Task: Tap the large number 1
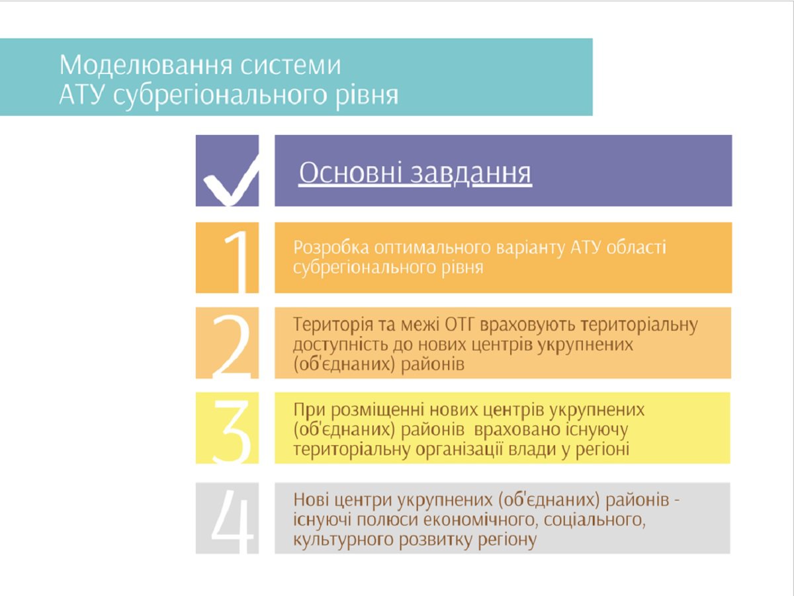pyautogui.click(x=238, y=261)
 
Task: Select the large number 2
pyautogui.click(x=232, y=346)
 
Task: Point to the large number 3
pyautogui.click(x=232, y=431)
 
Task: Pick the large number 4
pyautogui.click(x=232, y=521)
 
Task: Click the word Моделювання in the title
pyautogui.click(x=146, y=65)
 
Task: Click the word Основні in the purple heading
pyautogui.click(x=350, y=173)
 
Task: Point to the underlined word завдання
pyautogui.click(x=470, y=173)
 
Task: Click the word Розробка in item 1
pyautogui.click(x=331, y=249)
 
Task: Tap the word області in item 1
pyautogui.click(x=637, y=247)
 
